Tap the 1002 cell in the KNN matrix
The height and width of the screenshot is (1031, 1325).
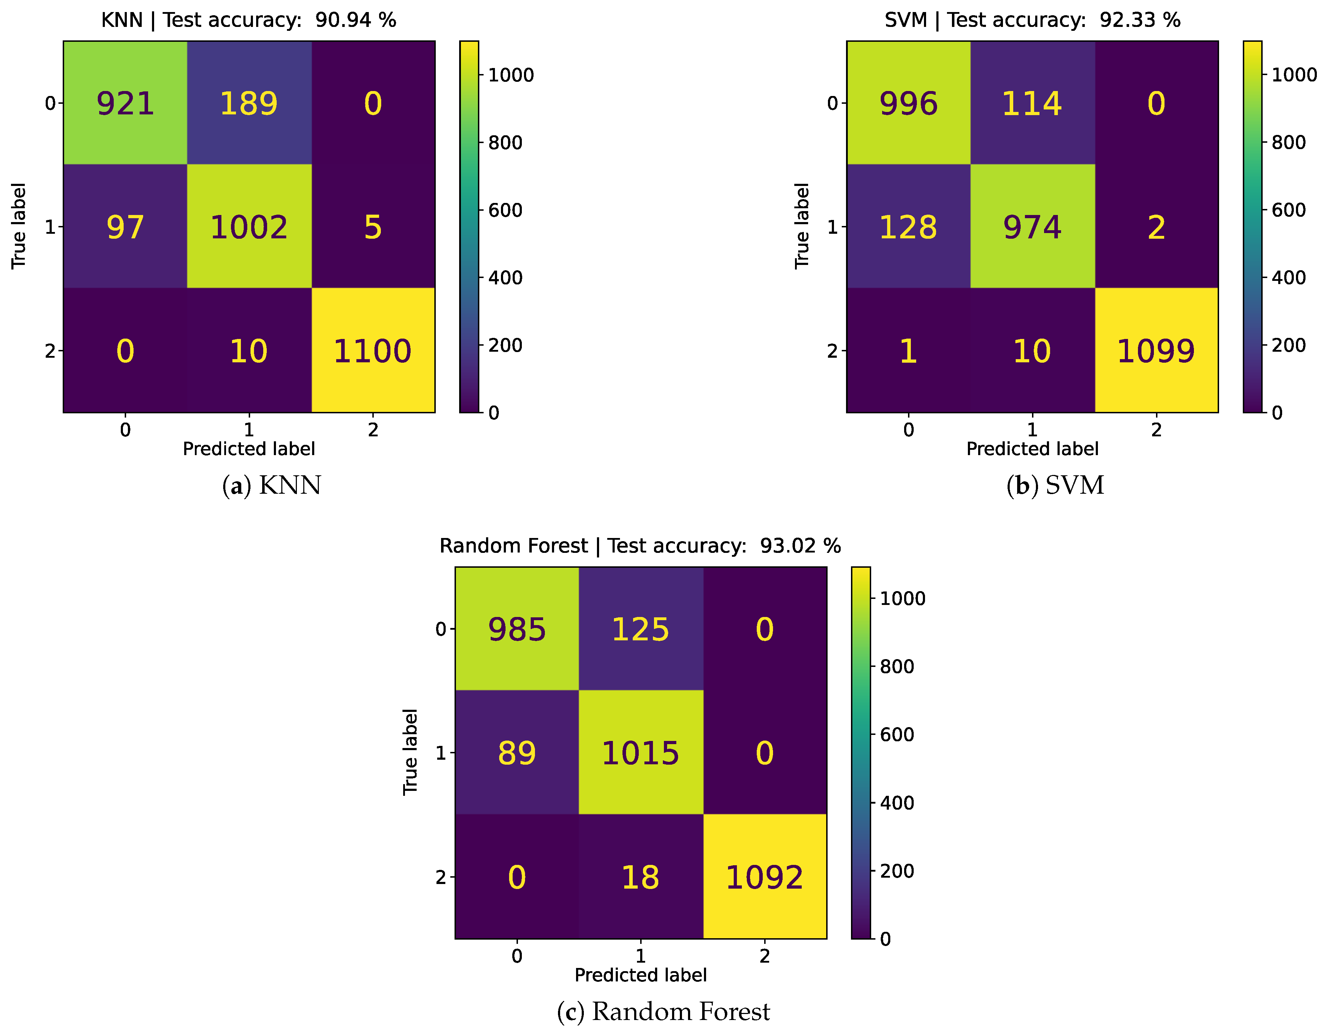pos(249,227)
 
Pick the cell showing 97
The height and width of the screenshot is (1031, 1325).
pos(125,227)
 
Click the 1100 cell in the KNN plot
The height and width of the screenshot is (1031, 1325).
pos(372,351)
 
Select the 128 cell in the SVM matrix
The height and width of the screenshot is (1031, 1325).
pos(908,227)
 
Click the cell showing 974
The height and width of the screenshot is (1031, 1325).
pos(1032,227)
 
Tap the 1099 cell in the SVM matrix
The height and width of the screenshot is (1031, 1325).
pos(1156,351)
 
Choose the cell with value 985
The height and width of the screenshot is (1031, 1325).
pos(517,629)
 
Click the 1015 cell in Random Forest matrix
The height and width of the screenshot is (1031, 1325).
pos(641,753)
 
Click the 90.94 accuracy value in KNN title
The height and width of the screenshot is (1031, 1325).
pos(343,20)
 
